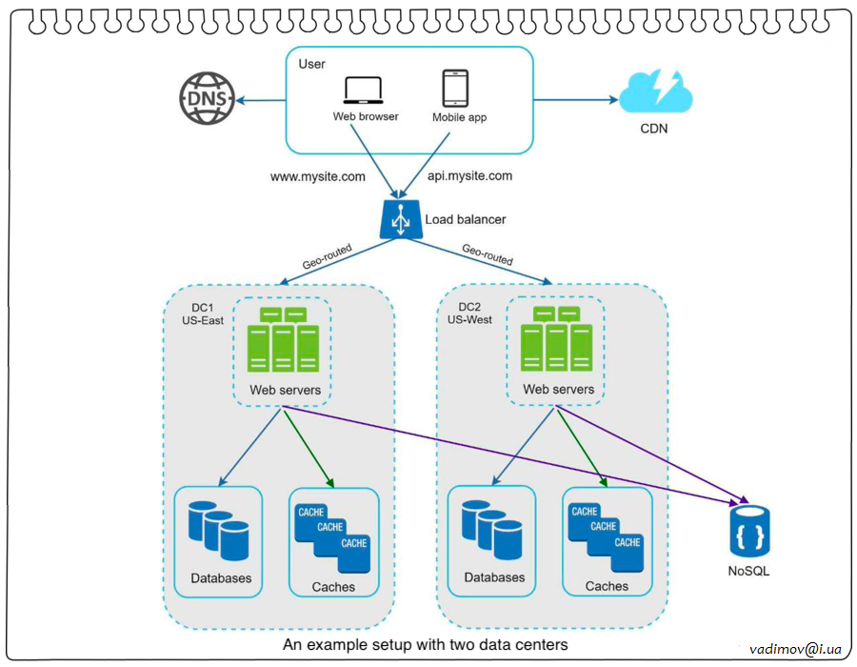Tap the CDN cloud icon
(x=656, y=93)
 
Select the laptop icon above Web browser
(x=364, y=91)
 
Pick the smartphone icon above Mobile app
(x=454, y=88)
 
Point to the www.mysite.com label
(x=318, y=176)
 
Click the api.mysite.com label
(x=469, y=176)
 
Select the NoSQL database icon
(x=749, y=532)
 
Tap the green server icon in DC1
(x=283, y=339)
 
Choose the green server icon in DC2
(x=556, y=339)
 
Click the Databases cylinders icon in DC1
(x=218, y=530)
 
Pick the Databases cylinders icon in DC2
(x=491, y=530)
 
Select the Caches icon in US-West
(x=606, y=529)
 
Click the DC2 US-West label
(x=469, y=313)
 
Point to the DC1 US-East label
(x=203, y=313)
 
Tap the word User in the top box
(x=311, y=64)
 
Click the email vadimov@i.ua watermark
(x=796, y=648)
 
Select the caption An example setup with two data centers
(x=425, y=645)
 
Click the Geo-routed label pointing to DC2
(x=488, y=253)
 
